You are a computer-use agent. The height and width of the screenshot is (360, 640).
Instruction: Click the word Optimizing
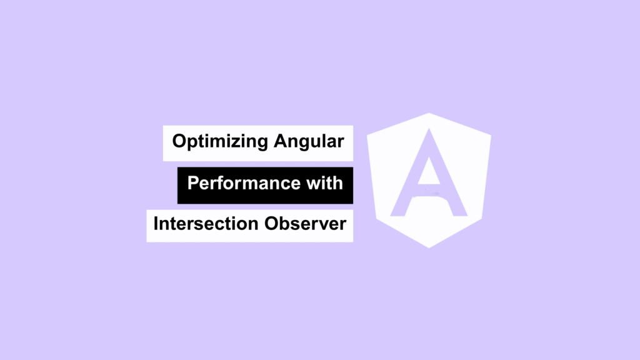[220, 142]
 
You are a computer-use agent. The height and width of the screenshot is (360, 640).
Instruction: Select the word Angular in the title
[309, 142]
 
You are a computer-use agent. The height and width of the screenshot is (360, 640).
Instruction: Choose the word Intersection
[206, 224]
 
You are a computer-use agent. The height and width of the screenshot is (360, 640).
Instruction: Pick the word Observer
[305, 224]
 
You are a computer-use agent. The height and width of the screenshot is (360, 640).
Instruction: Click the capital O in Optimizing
[179, 141]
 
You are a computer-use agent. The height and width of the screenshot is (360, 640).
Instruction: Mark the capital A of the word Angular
[281, 141]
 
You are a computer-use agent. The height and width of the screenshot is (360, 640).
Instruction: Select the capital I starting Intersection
[156, 224]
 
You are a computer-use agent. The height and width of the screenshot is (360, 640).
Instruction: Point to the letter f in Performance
[226, 183]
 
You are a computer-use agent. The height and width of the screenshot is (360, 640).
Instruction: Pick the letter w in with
[314, 185]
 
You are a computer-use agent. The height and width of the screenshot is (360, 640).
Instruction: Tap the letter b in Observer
[286, 224]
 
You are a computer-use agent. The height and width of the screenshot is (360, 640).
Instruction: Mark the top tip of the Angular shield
[429, 113]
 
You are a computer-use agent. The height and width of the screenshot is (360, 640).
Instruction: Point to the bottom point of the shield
[429, 247]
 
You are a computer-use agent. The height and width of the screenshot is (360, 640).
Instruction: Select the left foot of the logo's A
[398, 212]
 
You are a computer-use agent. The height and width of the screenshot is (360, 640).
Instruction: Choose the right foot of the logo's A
[459, 212]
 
